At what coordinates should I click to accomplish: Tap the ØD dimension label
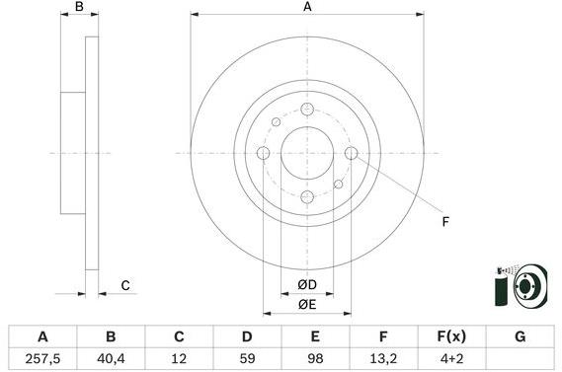coord(306,286)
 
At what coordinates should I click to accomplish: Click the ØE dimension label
coord(306,305)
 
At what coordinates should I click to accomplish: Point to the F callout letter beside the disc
coord(445,222)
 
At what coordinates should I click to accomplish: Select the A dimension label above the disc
coord(307,8)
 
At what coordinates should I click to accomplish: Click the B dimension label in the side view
coord(81,8)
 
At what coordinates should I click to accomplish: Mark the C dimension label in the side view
coord(125,286)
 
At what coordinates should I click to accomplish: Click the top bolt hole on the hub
coord(306,110)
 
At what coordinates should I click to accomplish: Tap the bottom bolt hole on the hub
coord(306,196)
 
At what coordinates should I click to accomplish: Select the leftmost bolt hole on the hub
coord(264,153)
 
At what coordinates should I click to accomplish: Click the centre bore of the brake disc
coord(306,153)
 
